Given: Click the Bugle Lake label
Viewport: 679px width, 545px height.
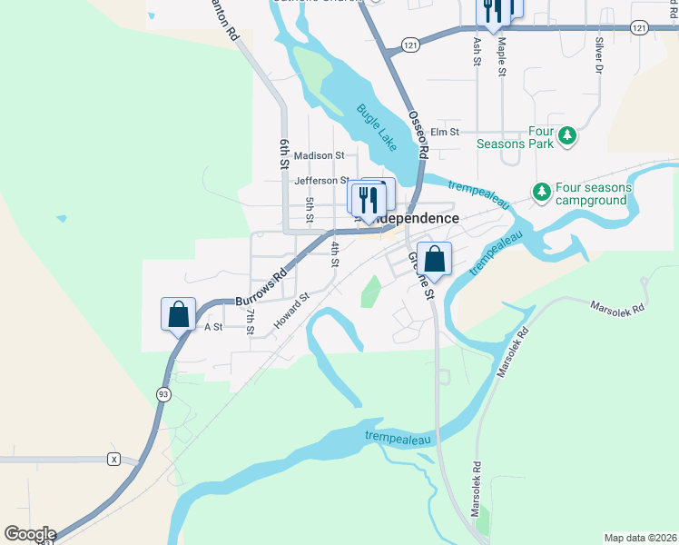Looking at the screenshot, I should [376, 126].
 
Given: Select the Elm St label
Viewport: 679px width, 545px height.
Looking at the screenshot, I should [446, 131].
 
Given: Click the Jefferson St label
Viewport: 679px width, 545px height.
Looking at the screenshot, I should [322, 180].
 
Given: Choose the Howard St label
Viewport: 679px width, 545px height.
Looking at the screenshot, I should [292, 309].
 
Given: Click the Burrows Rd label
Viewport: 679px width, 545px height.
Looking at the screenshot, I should [261, 286].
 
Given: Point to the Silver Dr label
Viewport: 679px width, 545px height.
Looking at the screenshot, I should [598, 54].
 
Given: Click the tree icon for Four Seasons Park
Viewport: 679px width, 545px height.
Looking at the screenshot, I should [567, 135].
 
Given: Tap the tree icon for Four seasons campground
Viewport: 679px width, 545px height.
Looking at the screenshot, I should [542, 192].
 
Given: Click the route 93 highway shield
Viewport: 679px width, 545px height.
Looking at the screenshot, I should [163, 393].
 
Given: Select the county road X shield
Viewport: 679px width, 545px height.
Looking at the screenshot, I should [113, 459].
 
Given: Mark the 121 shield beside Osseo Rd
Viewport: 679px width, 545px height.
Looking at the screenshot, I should [412, 45].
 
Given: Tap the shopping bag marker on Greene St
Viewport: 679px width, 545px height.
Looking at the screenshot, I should [435, 259].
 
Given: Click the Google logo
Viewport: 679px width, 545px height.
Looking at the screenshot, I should [30, 534].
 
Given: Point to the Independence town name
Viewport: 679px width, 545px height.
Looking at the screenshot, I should [416, 219].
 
